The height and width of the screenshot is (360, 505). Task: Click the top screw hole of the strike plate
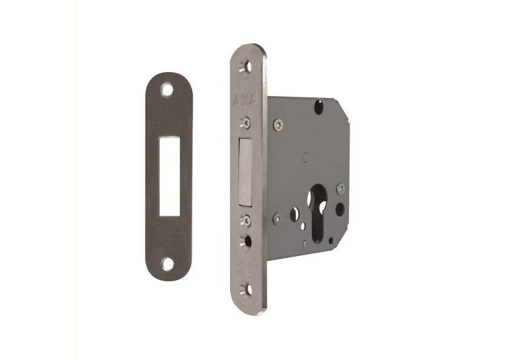168,91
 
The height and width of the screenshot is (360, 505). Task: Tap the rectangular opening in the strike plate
168,177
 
